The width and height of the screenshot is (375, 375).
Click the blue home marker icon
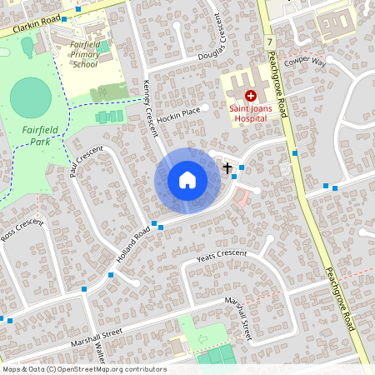point(187,180)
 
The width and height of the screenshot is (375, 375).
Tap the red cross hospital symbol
point(250,97)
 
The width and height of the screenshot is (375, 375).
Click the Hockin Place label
point(179,111)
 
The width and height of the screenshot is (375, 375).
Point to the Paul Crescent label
point(86,159)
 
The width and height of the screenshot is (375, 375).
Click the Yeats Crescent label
point(222,257)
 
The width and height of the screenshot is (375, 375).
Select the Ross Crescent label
point(20,228)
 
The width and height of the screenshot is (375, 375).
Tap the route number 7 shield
point(271,40)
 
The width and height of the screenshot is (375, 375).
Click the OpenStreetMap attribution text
point(83,369)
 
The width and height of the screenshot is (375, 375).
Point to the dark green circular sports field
point(30,97)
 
